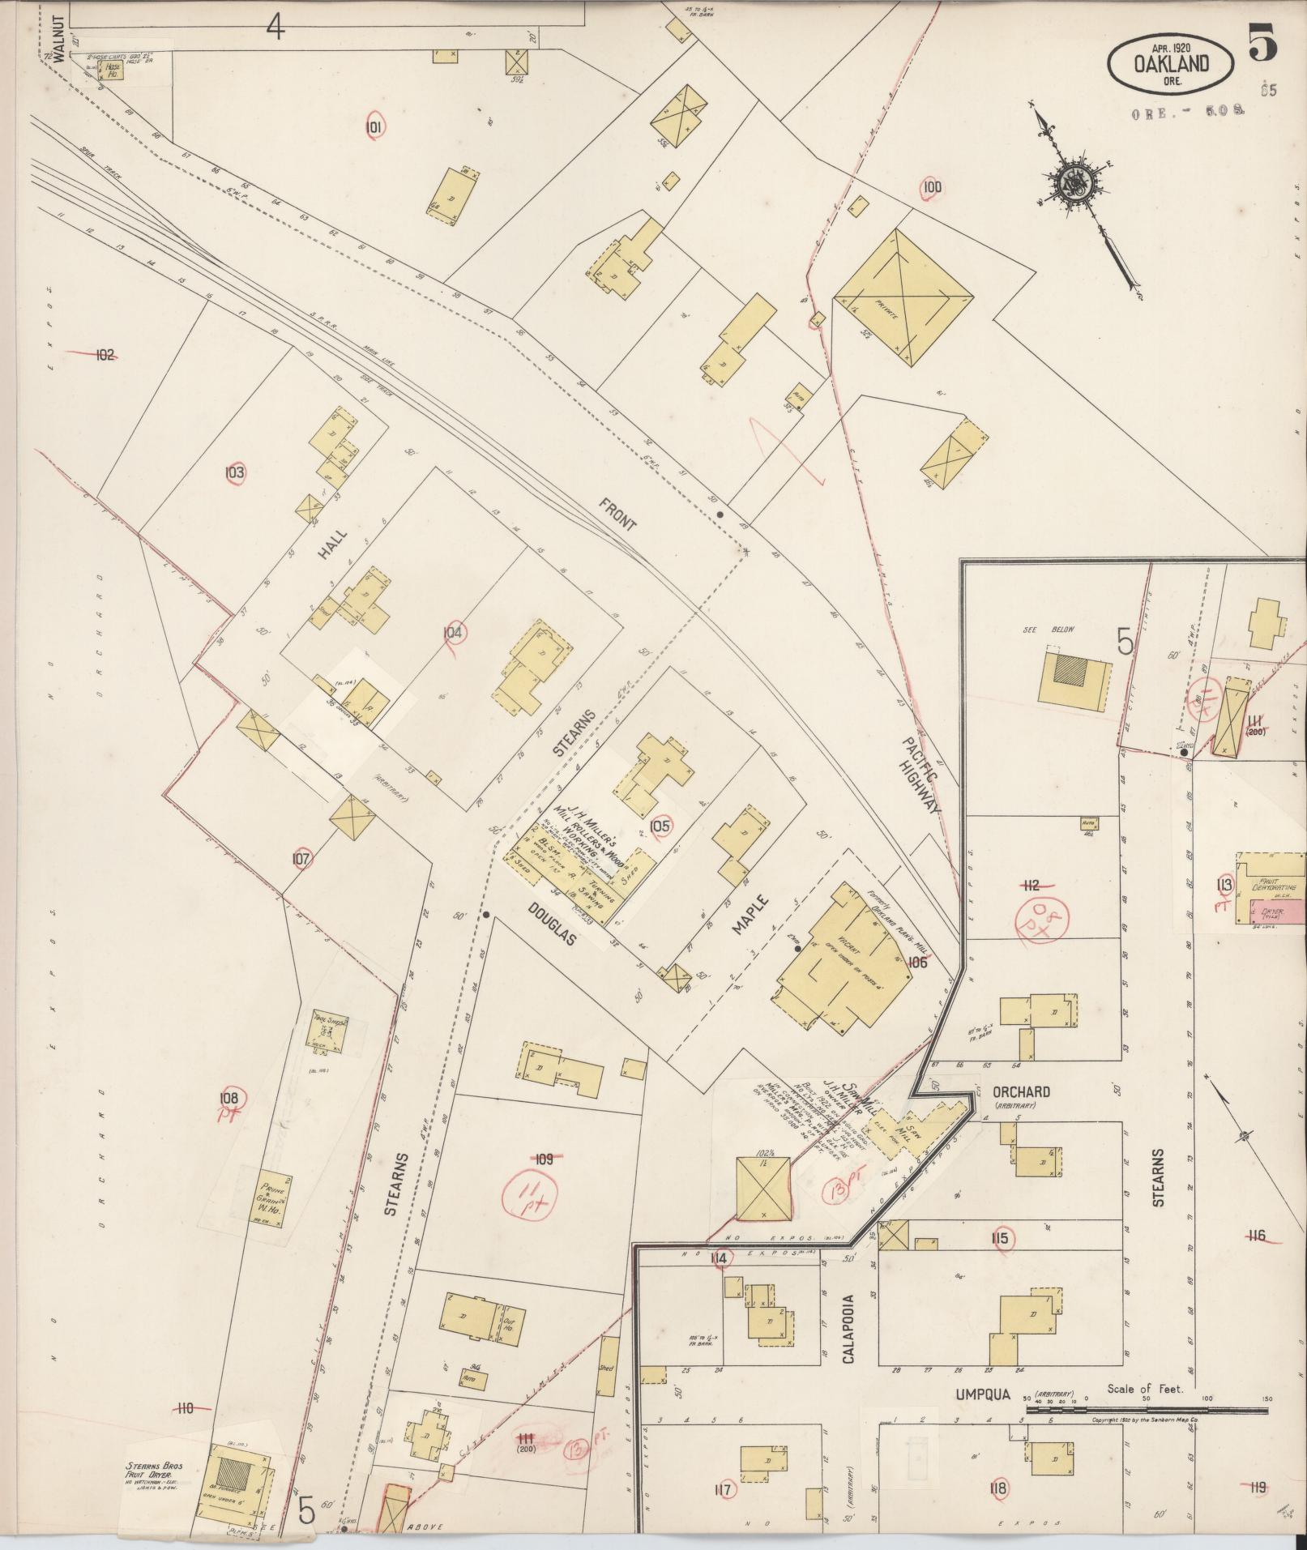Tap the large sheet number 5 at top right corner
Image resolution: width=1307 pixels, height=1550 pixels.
1262,43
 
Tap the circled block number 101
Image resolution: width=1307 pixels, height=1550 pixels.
374,126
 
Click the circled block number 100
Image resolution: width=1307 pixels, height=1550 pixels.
933,188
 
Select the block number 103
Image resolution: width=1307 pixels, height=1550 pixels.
235,472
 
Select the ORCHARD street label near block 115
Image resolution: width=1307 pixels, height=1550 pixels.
1022,1091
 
